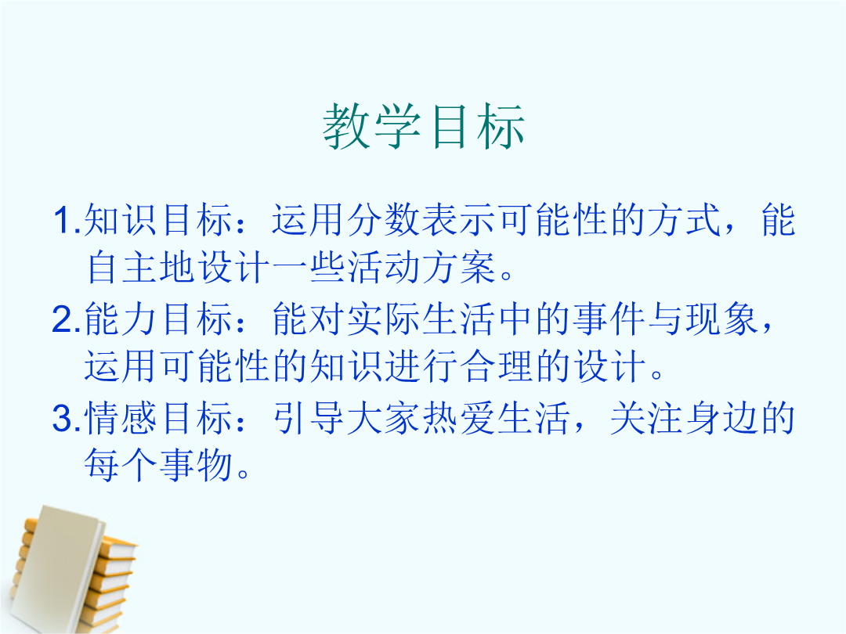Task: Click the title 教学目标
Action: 424,127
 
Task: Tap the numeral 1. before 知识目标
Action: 68,220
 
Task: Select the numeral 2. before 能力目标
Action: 67,319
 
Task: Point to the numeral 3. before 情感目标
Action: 67,418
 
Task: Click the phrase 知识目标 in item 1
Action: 158,220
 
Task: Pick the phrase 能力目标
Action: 158,319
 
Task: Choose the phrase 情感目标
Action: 158,418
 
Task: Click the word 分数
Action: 383,220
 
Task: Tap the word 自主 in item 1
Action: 122,268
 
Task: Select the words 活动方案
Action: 421,268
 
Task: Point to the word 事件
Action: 609,319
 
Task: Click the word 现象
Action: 722,319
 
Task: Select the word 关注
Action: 646,418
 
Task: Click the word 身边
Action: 722,418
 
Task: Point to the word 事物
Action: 197,465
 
